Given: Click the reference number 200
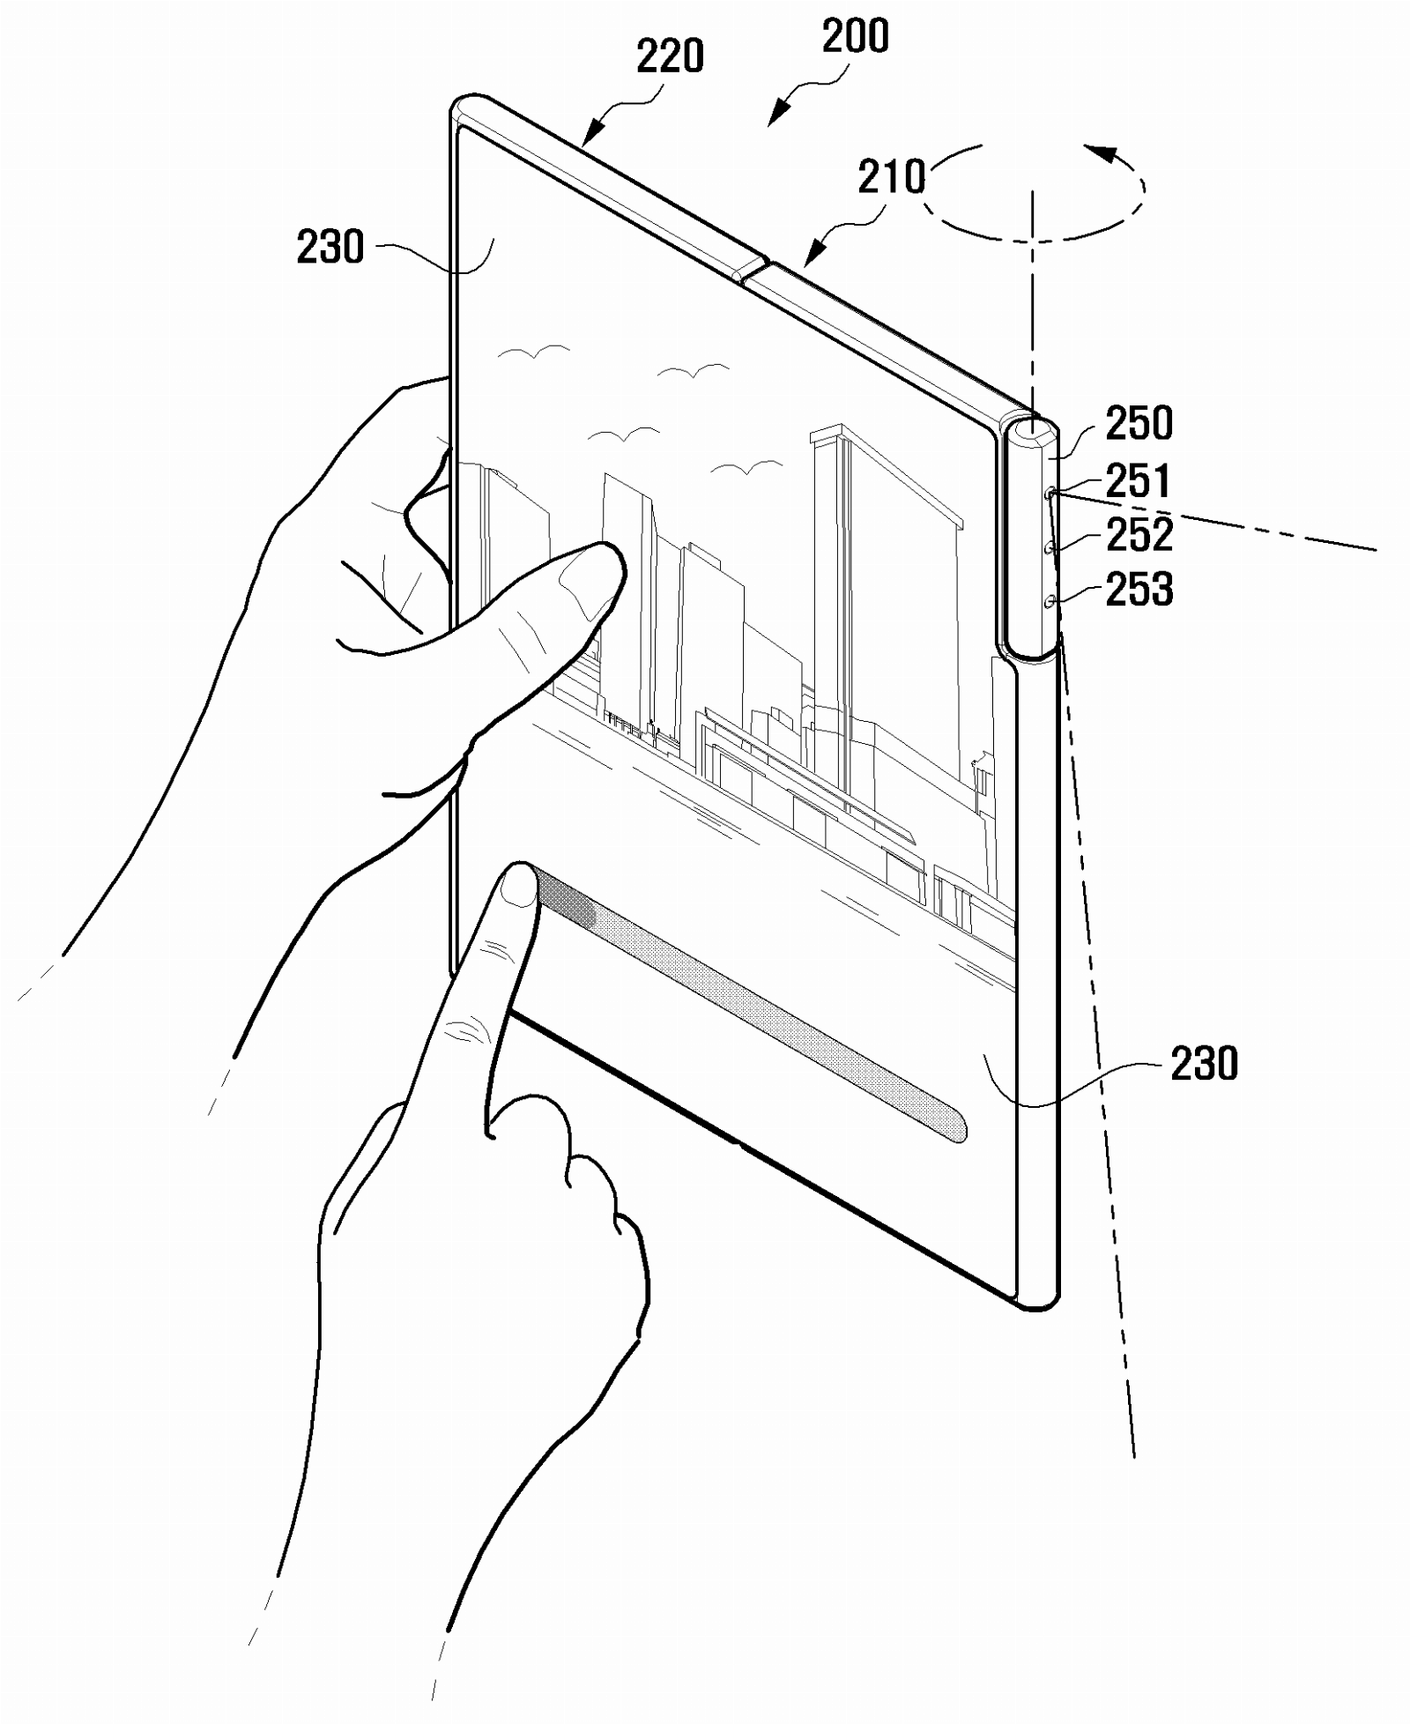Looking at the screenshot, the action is tap(855, 36).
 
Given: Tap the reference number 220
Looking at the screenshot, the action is tap(670, 57).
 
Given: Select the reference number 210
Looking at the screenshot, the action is tap(892, 176).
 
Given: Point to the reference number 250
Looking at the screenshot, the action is tap(1139, 423).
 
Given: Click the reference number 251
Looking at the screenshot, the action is tap(1139, 481).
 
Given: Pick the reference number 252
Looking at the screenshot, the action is tap(1139, 535).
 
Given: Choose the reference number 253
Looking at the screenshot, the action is tap(1139, 590).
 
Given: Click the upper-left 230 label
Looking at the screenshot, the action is tap(330, 247).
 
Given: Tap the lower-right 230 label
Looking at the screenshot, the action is tap(1204, 1063).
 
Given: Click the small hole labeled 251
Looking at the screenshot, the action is tap(1050, 494).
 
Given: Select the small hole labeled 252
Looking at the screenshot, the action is tap(1050, 548).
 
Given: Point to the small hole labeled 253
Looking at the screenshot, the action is tap(1050, 602).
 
